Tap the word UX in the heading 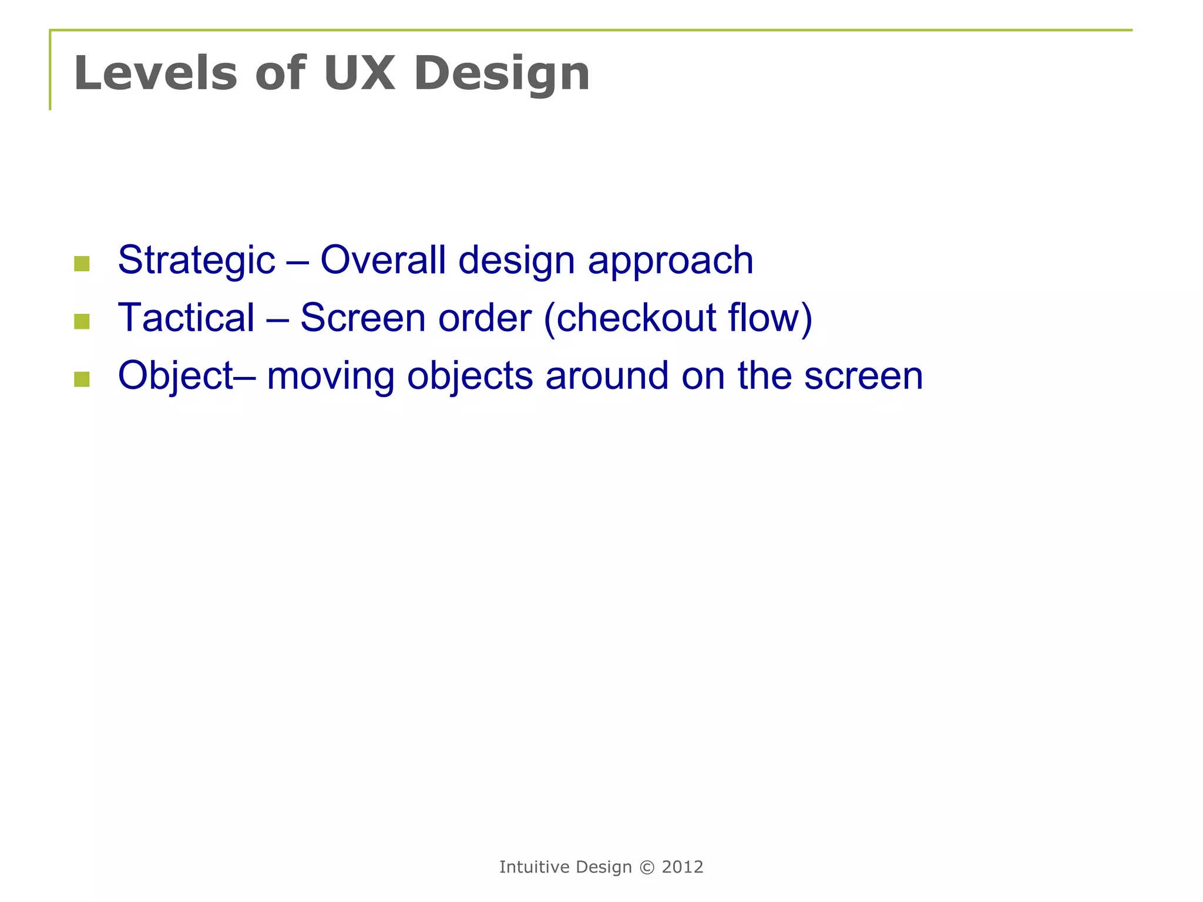tap(359, 73)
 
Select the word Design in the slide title tap(502, 74)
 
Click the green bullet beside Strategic tap(82, 264)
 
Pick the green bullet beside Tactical tap(82, 321)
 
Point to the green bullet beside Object tap(82, 379)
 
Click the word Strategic tap(196, 260)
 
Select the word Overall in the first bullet tap(382, 260)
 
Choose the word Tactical tap(186, 318)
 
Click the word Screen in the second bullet tap(362, 318)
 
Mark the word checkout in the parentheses tap(636, 318)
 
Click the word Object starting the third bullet tap(176, 376)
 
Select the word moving tap(330, 376)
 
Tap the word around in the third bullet tap(607, 375)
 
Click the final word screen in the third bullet tap(863, 376)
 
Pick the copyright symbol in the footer tap(647, 867)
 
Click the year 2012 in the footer tap(683, 867)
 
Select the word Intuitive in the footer tap(534, 867)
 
